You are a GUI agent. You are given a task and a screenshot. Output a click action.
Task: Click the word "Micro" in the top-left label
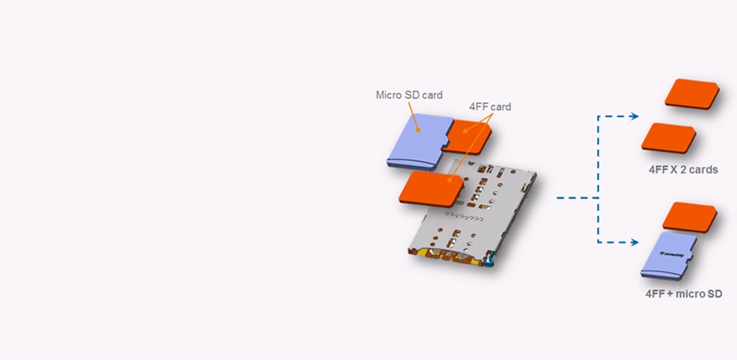(x=389, y=95)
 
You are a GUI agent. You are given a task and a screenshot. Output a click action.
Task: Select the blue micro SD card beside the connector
(x=416, y=140)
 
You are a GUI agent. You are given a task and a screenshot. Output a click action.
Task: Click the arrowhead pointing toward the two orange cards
(x=635, y=116)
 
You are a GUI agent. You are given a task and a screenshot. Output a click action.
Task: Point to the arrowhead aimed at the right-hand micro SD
(x=635, y=243)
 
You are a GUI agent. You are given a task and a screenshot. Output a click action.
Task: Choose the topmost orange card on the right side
(x=692, y=94)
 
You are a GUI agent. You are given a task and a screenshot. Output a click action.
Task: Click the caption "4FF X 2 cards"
(x=682, y=171)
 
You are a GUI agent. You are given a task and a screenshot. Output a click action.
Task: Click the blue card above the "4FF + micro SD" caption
(x=669, y=257)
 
